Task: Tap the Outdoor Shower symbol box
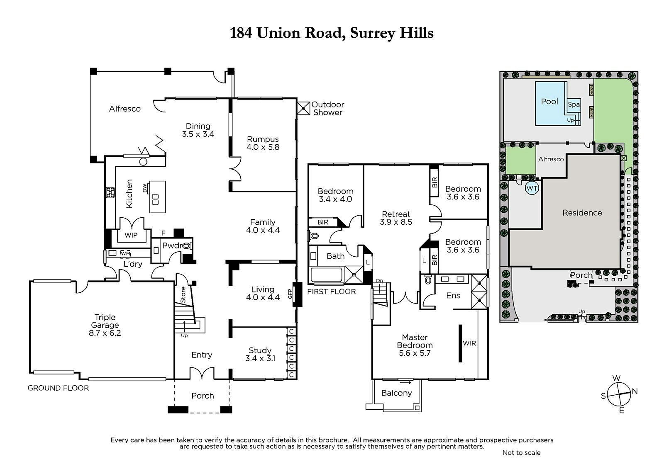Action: tap(303, 108)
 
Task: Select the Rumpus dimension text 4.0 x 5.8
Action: tap(263, 147)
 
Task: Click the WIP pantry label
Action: tap(131, 235)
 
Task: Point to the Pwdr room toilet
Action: tap(187, 245)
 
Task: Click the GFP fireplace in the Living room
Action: tap(296, 294)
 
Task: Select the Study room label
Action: tap(260, 350)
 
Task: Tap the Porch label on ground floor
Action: tap(203, 396)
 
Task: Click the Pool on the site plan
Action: tap(549, 102)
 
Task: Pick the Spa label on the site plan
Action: tap(574, 104)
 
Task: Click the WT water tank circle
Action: tap(532, 188)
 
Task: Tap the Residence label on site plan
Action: tap(582, 213)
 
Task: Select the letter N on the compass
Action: tap(635, 391)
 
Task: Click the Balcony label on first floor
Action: tap(396, 393)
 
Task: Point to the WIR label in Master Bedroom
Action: tap(469, 343)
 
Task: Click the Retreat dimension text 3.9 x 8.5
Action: tap(395, 222)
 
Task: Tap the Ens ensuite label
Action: tap(453, 295)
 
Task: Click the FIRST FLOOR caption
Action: tap(331, 292)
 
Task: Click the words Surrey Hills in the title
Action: tap(392, 32)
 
